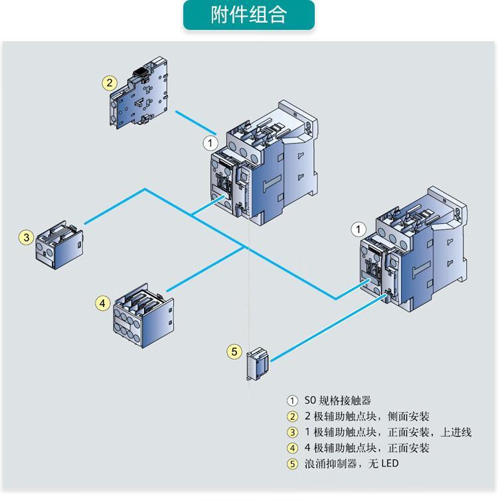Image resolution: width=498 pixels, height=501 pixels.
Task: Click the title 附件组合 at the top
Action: tap(248, 15)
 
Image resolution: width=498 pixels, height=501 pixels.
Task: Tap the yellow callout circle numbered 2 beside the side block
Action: tap(110, 83)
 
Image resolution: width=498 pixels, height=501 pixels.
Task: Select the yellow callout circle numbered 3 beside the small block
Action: tap(26, 237)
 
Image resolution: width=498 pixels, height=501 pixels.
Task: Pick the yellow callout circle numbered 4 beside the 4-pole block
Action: tap(103, 303)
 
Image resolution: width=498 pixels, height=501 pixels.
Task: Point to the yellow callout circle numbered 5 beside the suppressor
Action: tap(234, 351)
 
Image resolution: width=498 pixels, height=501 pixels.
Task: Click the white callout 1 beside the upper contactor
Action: tap(210, 143)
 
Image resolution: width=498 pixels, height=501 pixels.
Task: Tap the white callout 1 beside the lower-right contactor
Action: tap(359, 229)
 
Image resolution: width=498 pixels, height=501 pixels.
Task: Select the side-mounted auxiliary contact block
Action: tap(139, 93)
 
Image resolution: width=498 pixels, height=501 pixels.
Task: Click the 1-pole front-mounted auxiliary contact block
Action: tap(59, 245)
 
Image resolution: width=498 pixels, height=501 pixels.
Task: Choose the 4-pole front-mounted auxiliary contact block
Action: tap(143, 316)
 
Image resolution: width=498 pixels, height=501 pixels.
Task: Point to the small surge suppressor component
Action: tap(258, 364)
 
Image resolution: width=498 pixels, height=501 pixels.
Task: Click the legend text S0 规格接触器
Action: tap(337, 401)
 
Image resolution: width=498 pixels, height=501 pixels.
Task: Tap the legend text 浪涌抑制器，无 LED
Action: tap(351, 464)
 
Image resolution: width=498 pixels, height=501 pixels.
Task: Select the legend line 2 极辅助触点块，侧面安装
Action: tap(367, 417)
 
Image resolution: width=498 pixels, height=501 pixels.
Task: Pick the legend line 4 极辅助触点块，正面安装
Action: tap(367, 448)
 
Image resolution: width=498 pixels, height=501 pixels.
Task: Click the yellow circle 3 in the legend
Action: tap(292, 433)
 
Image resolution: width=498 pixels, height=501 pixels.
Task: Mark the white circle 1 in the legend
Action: tap(292, 401)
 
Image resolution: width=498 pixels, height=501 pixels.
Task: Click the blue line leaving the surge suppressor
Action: tap(329, 328)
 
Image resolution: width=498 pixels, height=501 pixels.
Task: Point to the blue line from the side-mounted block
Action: tap(196, 122)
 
